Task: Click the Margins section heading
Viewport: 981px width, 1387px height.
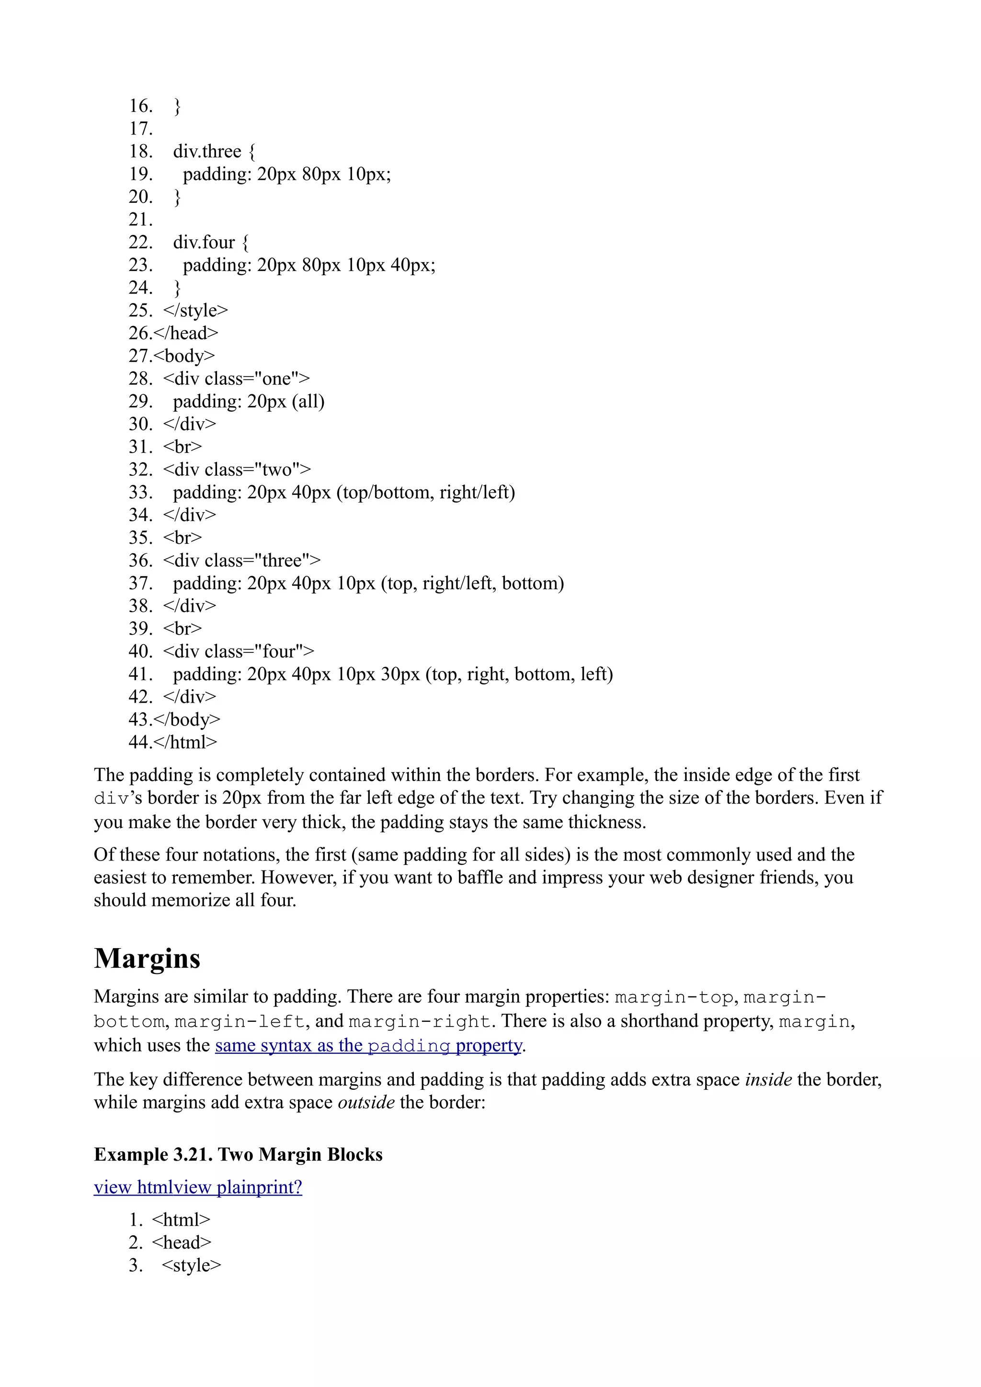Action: (x=147, y=959)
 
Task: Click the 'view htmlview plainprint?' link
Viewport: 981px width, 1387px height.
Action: (x=198, y=1187)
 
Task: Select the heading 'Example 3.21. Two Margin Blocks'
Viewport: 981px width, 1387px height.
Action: (x=238, y=1154)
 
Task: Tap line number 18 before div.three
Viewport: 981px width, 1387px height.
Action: (x=140, y=151)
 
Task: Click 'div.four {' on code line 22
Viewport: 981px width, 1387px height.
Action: (x=210, y=242)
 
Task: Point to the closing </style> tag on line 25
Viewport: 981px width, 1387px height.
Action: (x=195, y=311)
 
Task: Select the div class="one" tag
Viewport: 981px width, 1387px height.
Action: (x=236, y=379)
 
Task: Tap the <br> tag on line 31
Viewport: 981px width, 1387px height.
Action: (x=182, y=447)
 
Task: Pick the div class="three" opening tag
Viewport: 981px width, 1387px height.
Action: (x=242, y=560)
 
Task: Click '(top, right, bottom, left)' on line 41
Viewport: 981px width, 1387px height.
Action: (x=519, y=674)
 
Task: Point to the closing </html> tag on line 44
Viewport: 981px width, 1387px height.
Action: (x=185, y=742)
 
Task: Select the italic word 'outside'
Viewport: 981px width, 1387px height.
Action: (x=365, y=1103)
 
